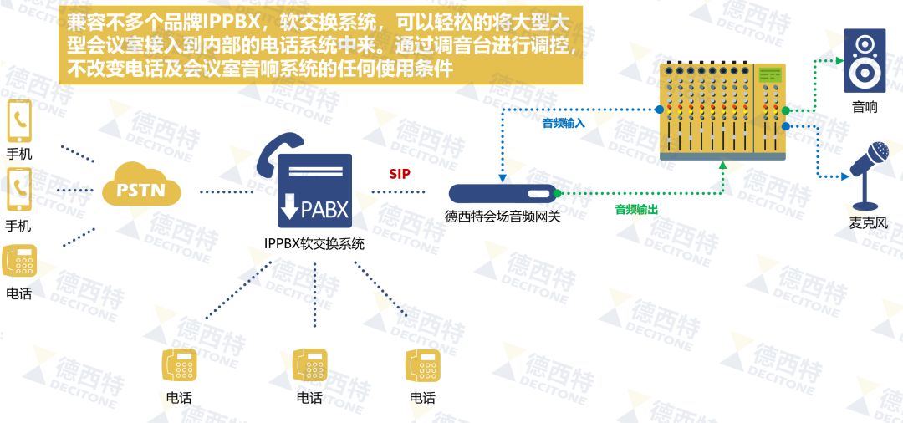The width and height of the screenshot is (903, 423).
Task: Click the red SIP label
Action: (400, 175)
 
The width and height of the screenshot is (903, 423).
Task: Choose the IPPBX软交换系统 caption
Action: (314, 244)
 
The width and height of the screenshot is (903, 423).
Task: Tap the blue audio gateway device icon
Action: (503, 195)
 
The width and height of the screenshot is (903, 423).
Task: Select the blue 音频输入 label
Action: (564, 123)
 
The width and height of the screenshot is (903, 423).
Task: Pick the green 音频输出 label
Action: (636, 210)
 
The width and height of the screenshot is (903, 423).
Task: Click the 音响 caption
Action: (865, 106)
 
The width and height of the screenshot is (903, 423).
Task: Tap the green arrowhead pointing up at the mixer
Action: (723, 167)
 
